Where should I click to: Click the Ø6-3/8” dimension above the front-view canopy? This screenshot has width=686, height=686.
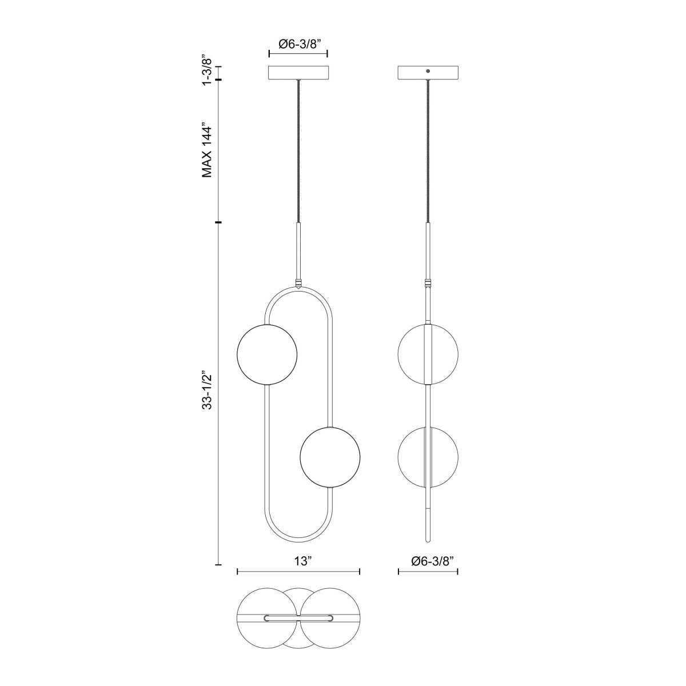pos(298,43)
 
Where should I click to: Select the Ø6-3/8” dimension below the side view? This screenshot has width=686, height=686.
pos(428,561)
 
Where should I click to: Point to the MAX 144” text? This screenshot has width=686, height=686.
pos(208,150)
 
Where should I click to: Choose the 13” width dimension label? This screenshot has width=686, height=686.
pos(298,561)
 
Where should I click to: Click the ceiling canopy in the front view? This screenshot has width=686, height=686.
pos(298,73)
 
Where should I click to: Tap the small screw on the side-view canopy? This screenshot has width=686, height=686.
pos(428,70)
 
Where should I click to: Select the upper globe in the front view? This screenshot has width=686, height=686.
pos(268,354)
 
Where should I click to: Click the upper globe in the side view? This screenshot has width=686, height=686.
pos(428,354)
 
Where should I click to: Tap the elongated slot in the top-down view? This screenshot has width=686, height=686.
pos(298,619)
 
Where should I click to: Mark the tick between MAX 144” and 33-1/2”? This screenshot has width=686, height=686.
pos(218,222)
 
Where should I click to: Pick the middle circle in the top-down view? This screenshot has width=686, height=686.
pos(298,640)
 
